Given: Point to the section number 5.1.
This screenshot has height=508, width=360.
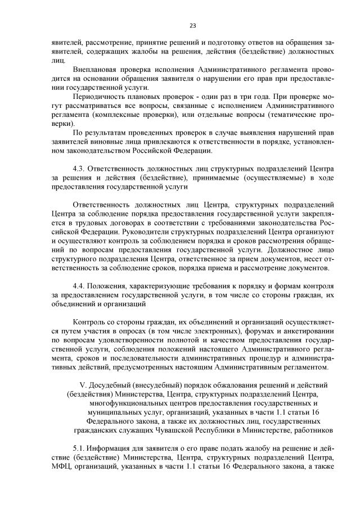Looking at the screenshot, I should pyautogui.click(x=80, y=450).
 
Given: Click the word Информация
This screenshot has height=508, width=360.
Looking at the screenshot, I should pyautogui.click(x=117, y=450).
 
